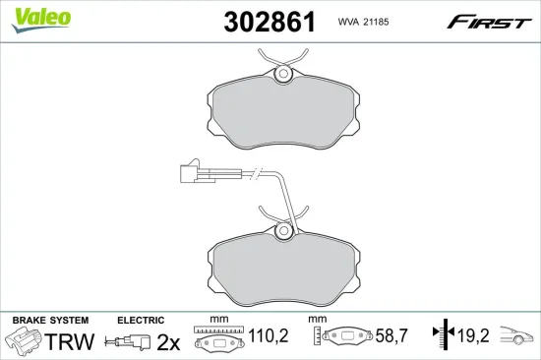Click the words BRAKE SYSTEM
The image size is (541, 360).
click(x=50, y=321)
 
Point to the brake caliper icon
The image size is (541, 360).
click(x=23, y=340)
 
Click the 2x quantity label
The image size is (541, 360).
click(x=169, y=341)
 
